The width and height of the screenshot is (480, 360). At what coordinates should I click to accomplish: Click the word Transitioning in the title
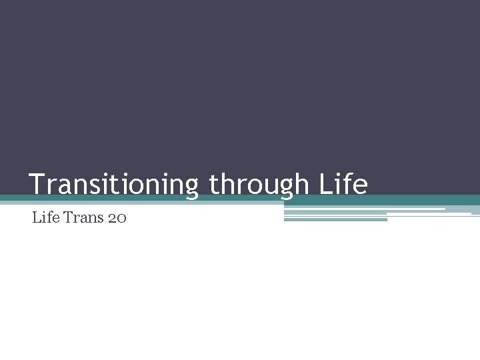click(113, 184)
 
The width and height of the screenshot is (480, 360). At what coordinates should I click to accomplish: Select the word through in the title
click(259, 184)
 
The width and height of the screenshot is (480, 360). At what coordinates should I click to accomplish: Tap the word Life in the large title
click(343, 184)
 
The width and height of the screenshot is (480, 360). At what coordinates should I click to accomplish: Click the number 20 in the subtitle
click(116, 217)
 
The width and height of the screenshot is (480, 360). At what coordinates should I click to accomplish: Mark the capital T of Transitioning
click(37, 184)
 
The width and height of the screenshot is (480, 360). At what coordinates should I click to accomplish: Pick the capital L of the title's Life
click(325, 184)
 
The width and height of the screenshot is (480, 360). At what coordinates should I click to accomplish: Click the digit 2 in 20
click(111, 218)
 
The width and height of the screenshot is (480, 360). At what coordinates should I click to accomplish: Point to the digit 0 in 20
click(121, 218)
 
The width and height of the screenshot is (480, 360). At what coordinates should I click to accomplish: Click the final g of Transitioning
click(190, 187)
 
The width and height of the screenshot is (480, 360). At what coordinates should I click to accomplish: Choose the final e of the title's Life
click(360, 186)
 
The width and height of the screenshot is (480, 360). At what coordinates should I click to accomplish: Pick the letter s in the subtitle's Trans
click(97, 219)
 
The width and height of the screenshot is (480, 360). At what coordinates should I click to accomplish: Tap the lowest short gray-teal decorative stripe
click(335, 219)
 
